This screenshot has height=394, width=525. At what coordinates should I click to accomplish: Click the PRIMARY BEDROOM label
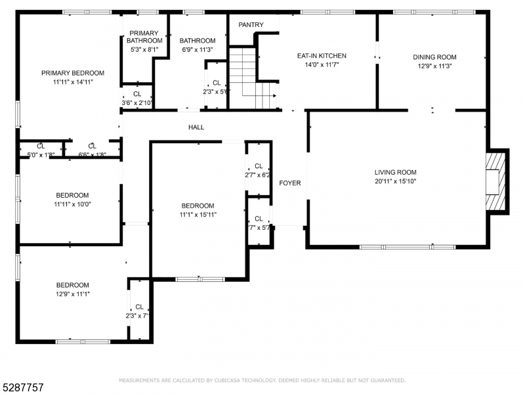[72, 73]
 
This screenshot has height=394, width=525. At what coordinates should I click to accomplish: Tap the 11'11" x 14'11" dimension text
[72, 82]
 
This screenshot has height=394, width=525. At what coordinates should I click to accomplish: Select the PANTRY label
[251, 25]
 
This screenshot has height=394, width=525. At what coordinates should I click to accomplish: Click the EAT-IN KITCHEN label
[322, 56]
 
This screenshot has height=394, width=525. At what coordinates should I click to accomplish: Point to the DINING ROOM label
[434, 57]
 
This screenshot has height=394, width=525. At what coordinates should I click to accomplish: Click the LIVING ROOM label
[396, 173]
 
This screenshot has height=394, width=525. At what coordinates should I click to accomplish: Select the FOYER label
[289, 183]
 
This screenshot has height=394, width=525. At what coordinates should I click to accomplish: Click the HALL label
[196, 127]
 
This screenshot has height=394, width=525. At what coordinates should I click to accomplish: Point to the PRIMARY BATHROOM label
[143, 37]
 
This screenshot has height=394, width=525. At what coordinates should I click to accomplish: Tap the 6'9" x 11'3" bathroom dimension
[198, 49]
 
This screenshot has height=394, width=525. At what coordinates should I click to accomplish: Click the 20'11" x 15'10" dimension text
[396, 181]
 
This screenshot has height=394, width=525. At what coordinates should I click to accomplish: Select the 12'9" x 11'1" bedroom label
[72, 294]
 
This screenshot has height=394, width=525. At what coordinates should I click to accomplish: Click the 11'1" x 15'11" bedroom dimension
[198, 214]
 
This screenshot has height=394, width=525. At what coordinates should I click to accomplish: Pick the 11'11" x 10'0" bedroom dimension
[72, 204]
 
